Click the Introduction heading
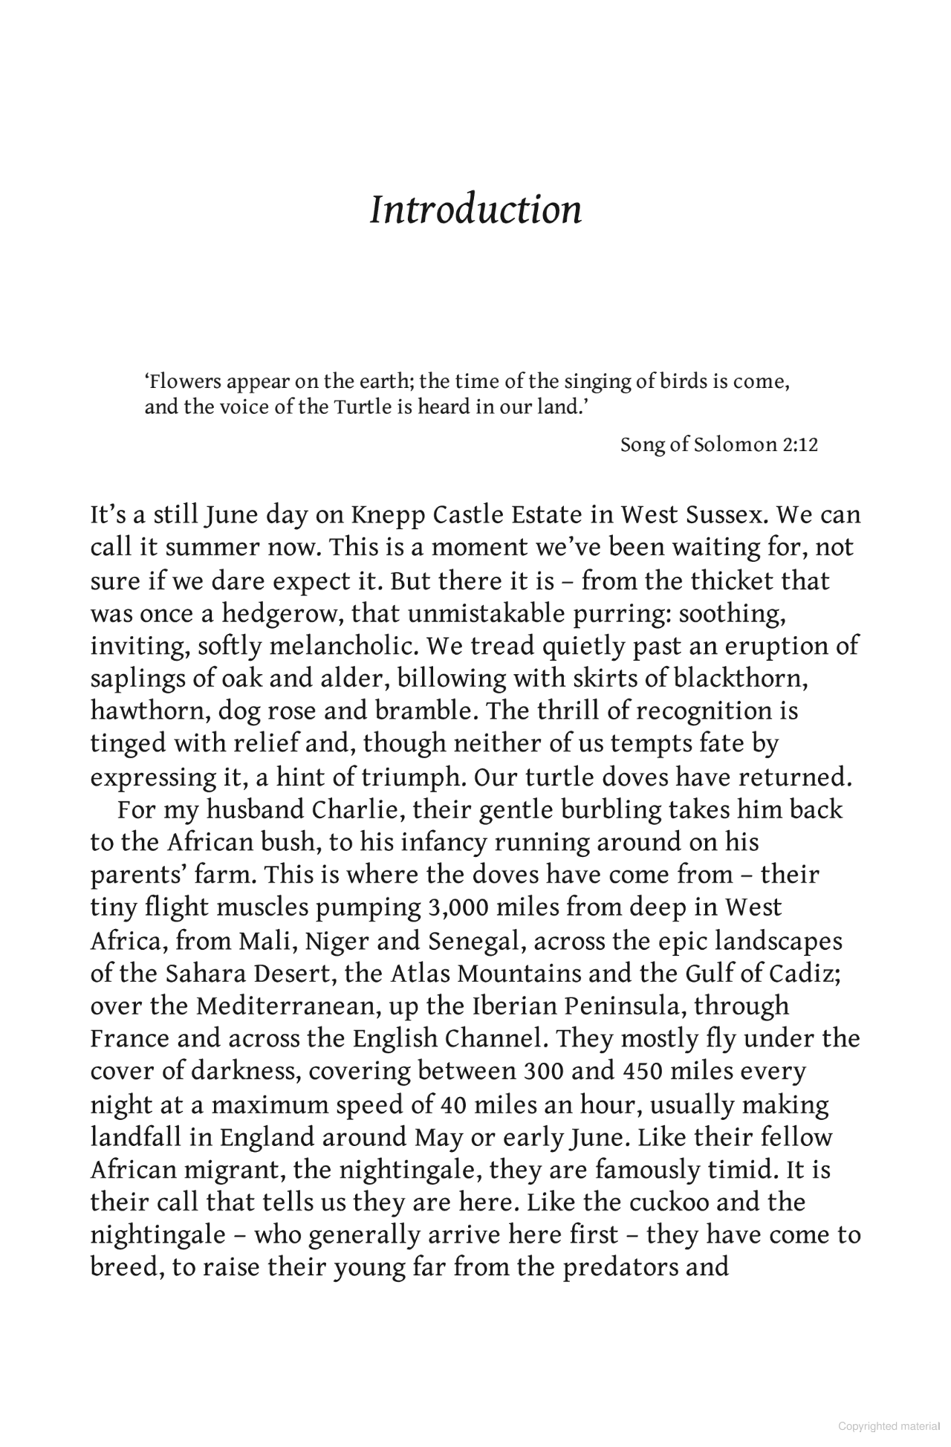click(475, 210)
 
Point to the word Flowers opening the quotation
click(184, 382)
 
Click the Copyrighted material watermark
click(888, 1426)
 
